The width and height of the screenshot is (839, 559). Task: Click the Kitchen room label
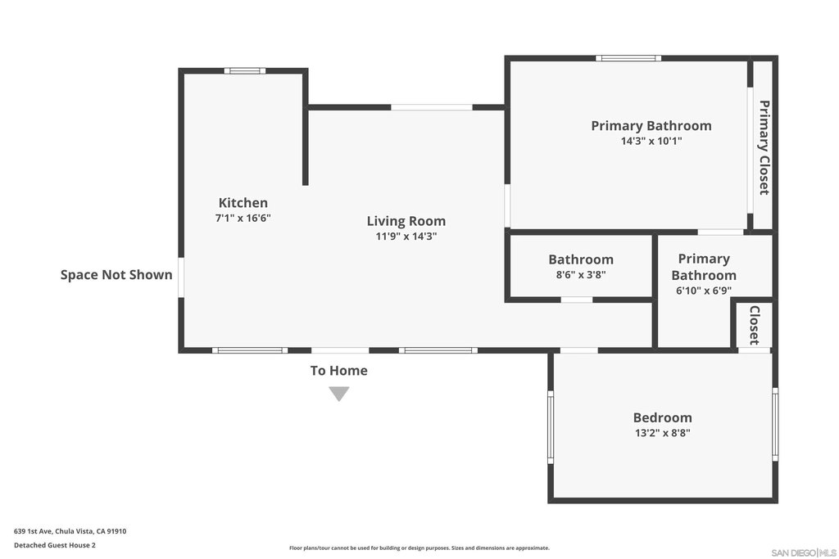click(243, 202)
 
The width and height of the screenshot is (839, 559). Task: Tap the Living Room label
click(406, 221)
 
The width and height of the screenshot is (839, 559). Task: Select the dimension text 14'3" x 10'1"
click(651, 141)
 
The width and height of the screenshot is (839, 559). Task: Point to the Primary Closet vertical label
click(764, 147)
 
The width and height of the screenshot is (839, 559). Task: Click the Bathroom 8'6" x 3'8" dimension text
click(581, 275)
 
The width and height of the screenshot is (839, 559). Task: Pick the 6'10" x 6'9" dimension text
click(704, 291)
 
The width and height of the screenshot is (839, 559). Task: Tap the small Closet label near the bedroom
click(755, 326)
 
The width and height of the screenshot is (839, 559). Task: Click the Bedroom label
click(662, 417)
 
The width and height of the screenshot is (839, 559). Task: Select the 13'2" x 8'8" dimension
click(662, 433)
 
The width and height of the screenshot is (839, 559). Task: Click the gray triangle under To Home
click(338, 394)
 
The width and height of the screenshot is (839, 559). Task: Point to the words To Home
click(338, 371)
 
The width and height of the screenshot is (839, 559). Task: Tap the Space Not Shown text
click(116, 275)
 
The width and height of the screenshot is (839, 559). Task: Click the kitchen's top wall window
click(244, 70)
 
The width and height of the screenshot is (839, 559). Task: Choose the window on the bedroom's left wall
click(550, 427)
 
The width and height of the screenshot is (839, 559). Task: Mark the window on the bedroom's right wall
click(775, 424)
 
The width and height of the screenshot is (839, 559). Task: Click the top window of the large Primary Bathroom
click(628, 58)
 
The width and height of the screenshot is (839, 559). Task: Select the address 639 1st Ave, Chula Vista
click(70, 531)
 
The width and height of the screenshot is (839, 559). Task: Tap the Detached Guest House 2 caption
click(55, 545)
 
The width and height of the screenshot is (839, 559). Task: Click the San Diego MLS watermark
click(804, 552)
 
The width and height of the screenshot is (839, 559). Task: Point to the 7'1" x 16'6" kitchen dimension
click(243, 218)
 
